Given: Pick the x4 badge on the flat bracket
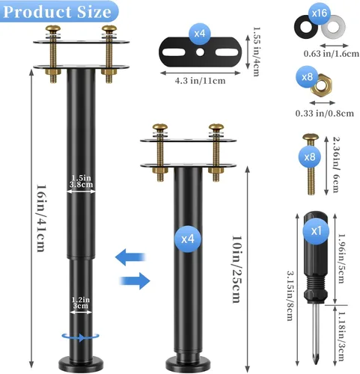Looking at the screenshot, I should click(201, 34).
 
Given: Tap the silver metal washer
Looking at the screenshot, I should click(334, 31).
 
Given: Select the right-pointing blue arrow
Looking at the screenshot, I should click(130, 280).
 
